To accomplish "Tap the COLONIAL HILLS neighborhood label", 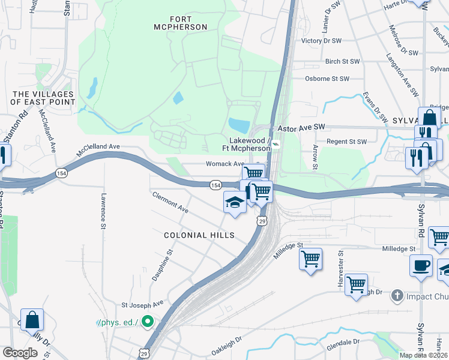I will tap(199, 235).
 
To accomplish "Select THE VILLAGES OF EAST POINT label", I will tap(44, 98).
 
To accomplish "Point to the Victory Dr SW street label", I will tap(321, 41).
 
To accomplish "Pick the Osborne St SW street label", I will tap(327, 79).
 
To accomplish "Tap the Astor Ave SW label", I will tap(301, 128).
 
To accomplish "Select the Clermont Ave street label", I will tap(170, 202).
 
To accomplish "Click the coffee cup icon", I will tap(421, 265).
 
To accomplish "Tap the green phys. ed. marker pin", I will tap(148, 322).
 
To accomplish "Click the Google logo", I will tap(20, 352).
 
